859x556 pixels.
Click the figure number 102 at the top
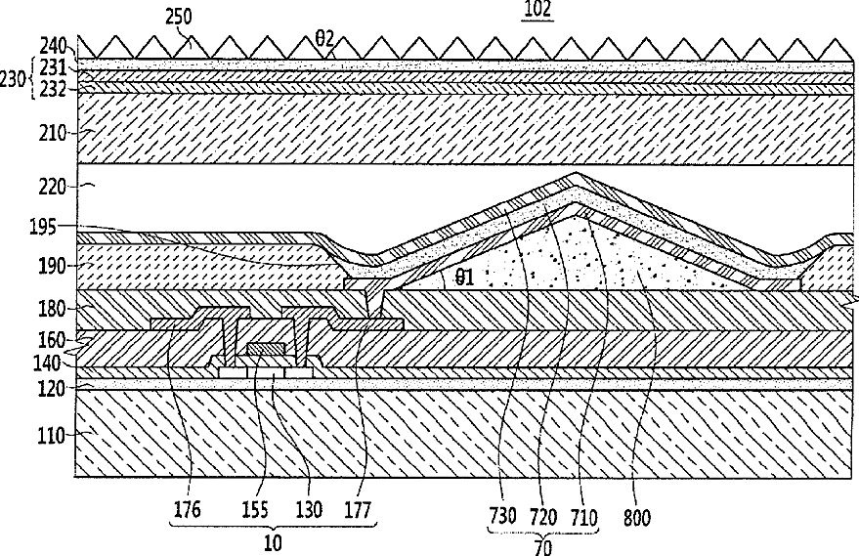(537, 10)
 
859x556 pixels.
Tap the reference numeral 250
(179, 17)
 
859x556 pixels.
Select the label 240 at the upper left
(53, 46)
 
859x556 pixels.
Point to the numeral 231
(53, 68)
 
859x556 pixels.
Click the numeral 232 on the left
(53, 89)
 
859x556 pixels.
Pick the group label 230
(13, 79)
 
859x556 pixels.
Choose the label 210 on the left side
(52, 133)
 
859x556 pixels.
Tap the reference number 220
(53, 188)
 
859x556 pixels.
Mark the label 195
(43, 227)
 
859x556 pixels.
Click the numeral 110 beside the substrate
(52, 437)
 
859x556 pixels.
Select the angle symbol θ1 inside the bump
(464, 278)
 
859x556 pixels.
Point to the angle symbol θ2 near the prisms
(324, 39)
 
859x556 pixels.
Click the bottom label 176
(188, 510)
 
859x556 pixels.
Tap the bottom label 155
(255, 510)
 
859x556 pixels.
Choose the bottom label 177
(358, 510)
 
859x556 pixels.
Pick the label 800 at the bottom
(637, 518)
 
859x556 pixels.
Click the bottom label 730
(502, 517)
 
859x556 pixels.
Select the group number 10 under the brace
(273, 543)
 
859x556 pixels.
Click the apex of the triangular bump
(576, 173)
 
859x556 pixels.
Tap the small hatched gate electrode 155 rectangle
(266, 349)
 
